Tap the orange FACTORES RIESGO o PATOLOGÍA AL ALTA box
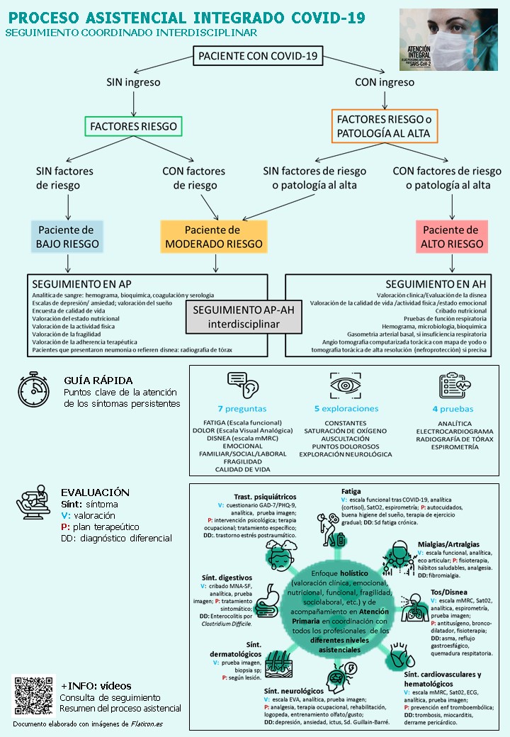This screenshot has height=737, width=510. (384, 126)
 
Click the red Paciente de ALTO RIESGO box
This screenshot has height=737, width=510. (450, 237)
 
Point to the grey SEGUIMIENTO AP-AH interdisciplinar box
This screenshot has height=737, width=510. (234, 317)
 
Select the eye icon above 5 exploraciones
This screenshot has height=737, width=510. (346, 386)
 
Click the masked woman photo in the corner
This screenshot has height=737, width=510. (453, 40)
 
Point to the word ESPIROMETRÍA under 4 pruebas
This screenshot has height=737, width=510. (454, 449)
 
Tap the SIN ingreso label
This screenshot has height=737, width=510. (133, 82)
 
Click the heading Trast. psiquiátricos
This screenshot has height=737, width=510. (265, 497)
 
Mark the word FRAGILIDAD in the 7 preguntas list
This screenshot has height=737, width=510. (243, 461)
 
